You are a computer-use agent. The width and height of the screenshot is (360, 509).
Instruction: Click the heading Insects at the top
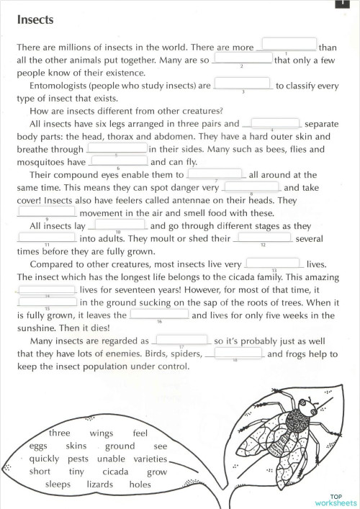point(35,20)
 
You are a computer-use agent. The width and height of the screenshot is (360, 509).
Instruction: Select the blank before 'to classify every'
point(243,84)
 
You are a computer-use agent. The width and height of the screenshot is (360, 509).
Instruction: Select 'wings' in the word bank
point(102,433)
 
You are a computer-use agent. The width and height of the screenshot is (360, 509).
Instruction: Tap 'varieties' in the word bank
point(150,459)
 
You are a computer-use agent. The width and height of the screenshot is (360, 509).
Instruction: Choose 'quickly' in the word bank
point(45,459)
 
